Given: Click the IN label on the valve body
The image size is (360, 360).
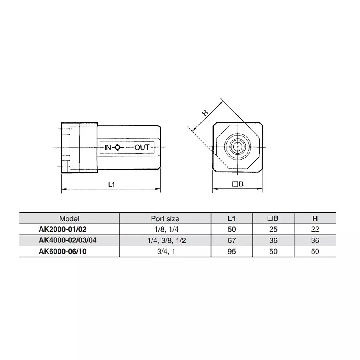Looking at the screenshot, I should [x=108, y=147].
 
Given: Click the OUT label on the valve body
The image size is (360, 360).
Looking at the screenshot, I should [x=142, y=147].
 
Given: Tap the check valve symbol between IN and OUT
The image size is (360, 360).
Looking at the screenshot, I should [x=117, y=147].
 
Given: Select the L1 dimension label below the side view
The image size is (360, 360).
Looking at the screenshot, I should [x=112, y=184].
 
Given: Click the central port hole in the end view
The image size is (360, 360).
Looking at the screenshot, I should [x=238, y=147].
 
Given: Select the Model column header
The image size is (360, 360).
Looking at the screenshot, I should [x=69, y=218].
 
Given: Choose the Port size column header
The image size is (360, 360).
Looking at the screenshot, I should [x=165, y=218].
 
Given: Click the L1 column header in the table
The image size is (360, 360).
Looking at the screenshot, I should [x=232, y=218].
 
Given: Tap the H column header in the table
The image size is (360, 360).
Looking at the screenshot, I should [x=315, y=218].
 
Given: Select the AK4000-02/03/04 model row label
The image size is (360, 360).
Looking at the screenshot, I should [x=67, y=240].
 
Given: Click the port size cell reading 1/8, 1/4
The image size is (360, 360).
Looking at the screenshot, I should [x=165, y=229].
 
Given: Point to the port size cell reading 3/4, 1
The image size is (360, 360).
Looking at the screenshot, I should [x=165, y=252].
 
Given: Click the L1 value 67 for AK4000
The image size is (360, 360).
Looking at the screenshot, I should [x=232, y=240].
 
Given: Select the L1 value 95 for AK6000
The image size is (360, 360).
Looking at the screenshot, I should [x=232, y=252].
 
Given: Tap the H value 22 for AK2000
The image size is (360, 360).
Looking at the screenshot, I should [x=315, y=229].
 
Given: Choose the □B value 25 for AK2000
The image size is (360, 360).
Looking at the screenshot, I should [x=273, y=229].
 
